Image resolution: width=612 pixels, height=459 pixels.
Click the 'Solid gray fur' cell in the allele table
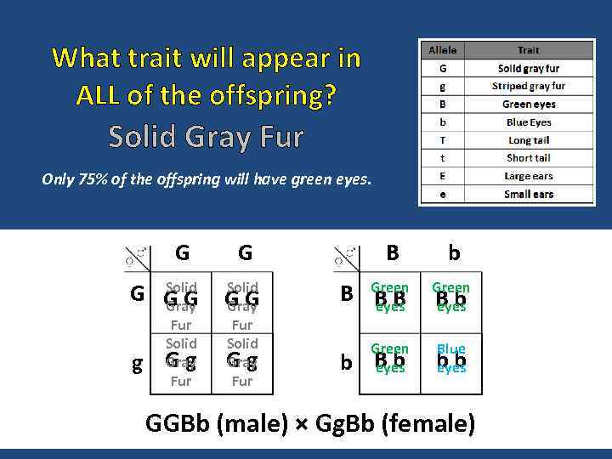click(528, 68)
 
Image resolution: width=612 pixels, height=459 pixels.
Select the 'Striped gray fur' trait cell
click(528, 86)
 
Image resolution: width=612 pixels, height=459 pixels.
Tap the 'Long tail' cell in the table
click(528, 139)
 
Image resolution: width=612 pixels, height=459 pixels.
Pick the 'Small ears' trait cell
click(528, 194)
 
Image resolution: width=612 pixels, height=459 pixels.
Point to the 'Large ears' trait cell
click(528, 176)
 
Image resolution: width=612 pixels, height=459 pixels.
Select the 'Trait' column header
click(528, 50)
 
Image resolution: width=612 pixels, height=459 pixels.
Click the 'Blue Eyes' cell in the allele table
click(528, 122)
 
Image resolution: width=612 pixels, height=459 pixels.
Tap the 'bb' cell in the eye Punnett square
click(451, 361)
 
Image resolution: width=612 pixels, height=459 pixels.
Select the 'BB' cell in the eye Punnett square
click(390, 298)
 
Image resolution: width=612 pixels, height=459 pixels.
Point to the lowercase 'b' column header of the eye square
click(455, 253)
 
